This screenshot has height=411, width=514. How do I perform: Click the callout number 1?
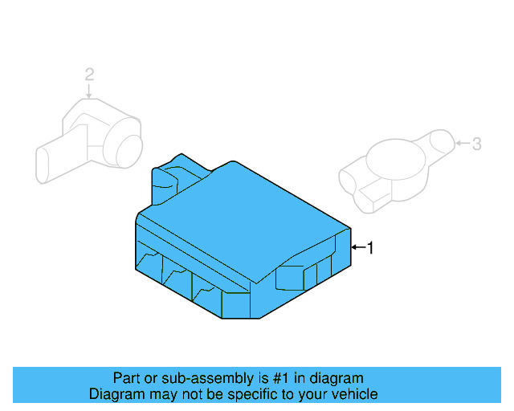point(370,249)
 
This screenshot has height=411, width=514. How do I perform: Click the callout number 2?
point(89,75)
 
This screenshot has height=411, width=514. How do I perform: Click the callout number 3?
point(476,144)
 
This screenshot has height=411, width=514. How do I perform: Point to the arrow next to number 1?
point(358,249)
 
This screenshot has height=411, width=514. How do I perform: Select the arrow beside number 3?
point(461,144)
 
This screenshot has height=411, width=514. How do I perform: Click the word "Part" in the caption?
point(127,378)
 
